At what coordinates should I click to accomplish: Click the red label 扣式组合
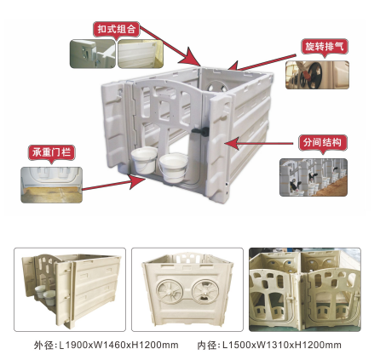coord(117,30)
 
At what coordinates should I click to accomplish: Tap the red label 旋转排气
coord(325,46)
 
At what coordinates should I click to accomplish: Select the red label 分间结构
coord(322,142)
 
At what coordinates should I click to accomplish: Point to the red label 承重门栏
coord(51,152)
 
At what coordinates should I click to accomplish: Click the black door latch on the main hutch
coord(200,131)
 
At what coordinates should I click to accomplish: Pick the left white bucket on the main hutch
coord(144,159)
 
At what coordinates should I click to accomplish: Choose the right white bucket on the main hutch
coord(173,168)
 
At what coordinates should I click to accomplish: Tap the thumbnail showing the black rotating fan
coord(317,75)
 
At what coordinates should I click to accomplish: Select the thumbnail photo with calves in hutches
coord(314,177)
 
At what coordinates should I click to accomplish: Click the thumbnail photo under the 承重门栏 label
coord(51,185)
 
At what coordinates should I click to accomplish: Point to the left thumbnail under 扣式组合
coord(93,54)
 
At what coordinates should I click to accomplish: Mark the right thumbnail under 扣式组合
coord(141,54)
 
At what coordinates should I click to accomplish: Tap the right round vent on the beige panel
coord(204,291)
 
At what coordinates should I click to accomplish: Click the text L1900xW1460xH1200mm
coord(118,345)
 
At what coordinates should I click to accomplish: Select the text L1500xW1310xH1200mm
coord(282,345)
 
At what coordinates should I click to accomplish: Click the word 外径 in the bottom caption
coord(43,346)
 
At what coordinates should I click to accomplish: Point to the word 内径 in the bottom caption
coord(207,346)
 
